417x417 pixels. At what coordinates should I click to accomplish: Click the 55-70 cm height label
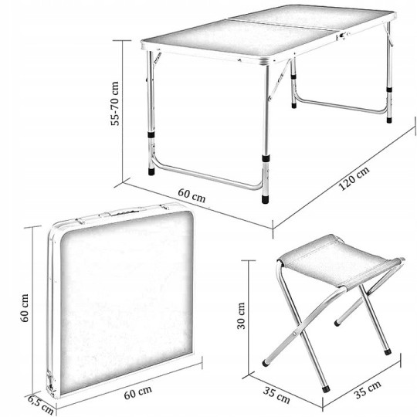(x=115, y=103)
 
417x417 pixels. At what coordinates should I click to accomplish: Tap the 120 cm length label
(x=354, y=178)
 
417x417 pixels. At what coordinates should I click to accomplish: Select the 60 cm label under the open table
(x=192, y=195)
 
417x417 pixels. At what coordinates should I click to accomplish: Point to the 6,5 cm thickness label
(x=40, y=405)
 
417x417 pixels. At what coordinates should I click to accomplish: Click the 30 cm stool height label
(x=241, y=316)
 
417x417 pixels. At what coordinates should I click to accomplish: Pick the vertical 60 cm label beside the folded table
(x=25, y=308)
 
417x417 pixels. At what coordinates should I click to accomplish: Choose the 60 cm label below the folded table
(x=137, y=392)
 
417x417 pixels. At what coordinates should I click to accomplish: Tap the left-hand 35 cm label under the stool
(x=276, y=395)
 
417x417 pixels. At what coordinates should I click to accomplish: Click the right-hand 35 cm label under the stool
(x=368, y=389)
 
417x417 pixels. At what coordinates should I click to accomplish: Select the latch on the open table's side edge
(x=343, y=36)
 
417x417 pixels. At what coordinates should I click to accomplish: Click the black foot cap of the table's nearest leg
(x=265, y=199)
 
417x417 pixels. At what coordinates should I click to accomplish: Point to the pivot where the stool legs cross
(x=294, y=334)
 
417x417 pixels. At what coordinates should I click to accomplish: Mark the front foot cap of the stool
(x=326, y=388)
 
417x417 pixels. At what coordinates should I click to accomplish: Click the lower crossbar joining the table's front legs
(x=206, y=176)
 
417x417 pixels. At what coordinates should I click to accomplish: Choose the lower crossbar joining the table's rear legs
(x=341, y=106)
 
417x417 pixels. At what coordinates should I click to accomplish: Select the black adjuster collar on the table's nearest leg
(x=266, y=159)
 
